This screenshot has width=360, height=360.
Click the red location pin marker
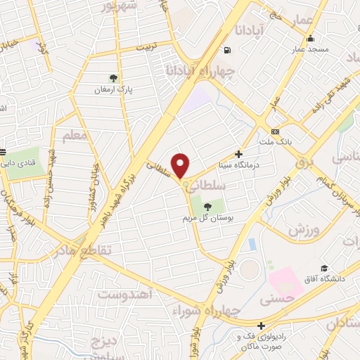181,165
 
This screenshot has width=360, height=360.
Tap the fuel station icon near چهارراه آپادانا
226,50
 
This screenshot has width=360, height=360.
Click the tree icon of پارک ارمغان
114,78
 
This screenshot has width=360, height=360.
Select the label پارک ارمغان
114,90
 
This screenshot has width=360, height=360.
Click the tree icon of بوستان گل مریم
207,205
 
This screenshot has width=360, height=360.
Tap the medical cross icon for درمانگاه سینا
238,154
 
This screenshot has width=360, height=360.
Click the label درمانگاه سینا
260,165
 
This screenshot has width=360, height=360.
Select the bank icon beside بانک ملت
274,131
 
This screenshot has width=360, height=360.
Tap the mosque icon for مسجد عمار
310,39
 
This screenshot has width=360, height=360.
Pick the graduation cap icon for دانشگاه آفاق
324,268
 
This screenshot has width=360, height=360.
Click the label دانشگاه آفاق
321,280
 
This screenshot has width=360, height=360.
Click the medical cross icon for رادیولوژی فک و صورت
261,326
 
